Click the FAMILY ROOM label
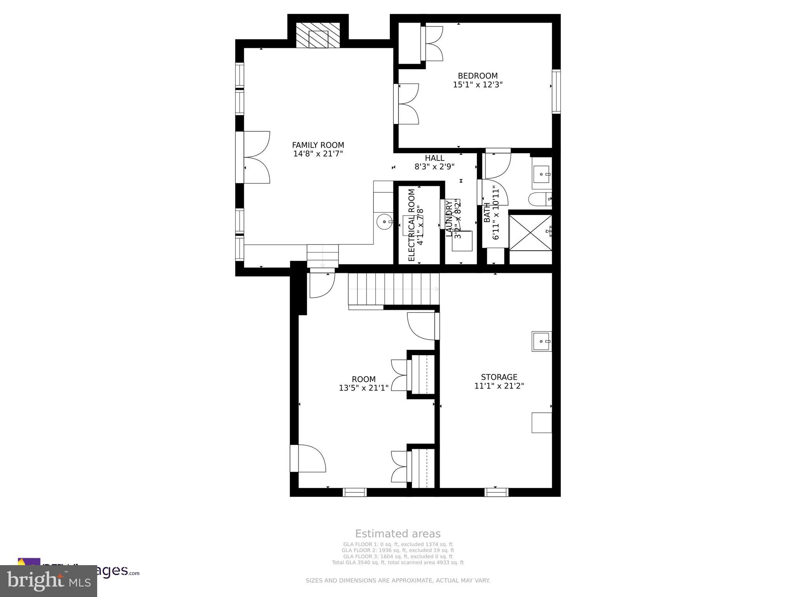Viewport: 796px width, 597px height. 318,145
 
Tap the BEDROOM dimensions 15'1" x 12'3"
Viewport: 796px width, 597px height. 478,85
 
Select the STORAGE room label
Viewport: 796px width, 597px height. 499,377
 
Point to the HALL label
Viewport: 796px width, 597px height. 435,158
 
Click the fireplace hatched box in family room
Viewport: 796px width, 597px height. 318,35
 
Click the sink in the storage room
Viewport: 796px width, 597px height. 542,341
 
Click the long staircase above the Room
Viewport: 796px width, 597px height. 393,289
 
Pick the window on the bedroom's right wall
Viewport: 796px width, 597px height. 557,92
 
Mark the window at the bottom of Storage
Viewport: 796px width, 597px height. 496,492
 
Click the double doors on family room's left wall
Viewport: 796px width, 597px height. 253,157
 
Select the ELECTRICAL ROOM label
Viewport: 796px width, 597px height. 412,225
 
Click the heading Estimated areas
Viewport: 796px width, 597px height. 398,534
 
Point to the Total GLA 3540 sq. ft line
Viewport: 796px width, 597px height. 398,562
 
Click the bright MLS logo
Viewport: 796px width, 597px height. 49,581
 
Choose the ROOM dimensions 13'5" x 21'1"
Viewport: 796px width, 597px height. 363,388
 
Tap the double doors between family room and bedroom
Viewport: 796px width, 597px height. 406,104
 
